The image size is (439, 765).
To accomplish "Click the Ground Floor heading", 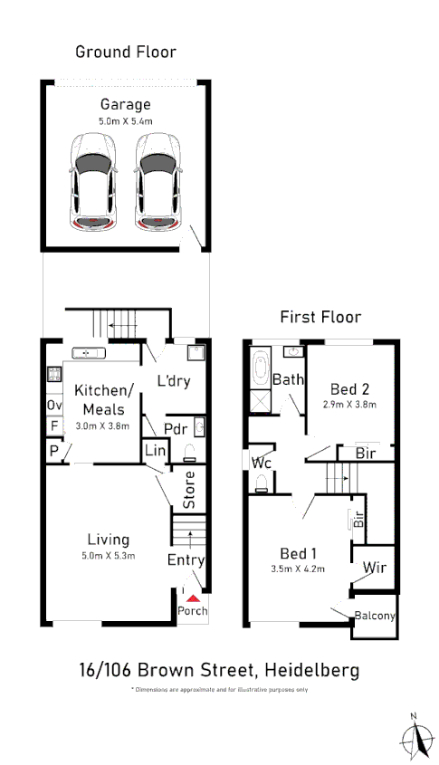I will coord(125,52).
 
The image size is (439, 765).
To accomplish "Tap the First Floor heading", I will coord(320,317).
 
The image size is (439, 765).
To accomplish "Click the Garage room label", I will coord(125,104).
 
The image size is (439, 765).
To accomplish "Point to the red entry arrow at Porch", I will coord(191,597).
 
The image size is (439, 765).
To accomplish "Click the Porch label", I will coord(191,610).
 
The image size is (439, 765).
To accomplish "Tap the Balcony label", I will coord(374,617).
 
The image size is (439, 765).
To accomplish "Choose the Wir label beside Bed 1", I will coord(374,569).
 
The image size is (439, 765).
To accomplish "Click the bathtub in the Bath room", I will coord(260,368).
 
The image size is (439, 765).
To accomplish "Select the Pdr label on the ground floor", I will coord(175,428).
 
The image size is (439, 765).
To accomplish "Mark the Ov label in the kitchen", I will coord(54,405).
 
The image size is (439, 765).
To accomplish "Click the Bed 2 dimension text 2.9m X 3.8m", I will coord(349,405).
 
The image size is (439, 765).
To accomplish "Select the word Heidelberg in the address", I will coord(310,671).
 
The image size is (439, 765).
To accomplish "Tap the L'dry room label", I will coord(173,381).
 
